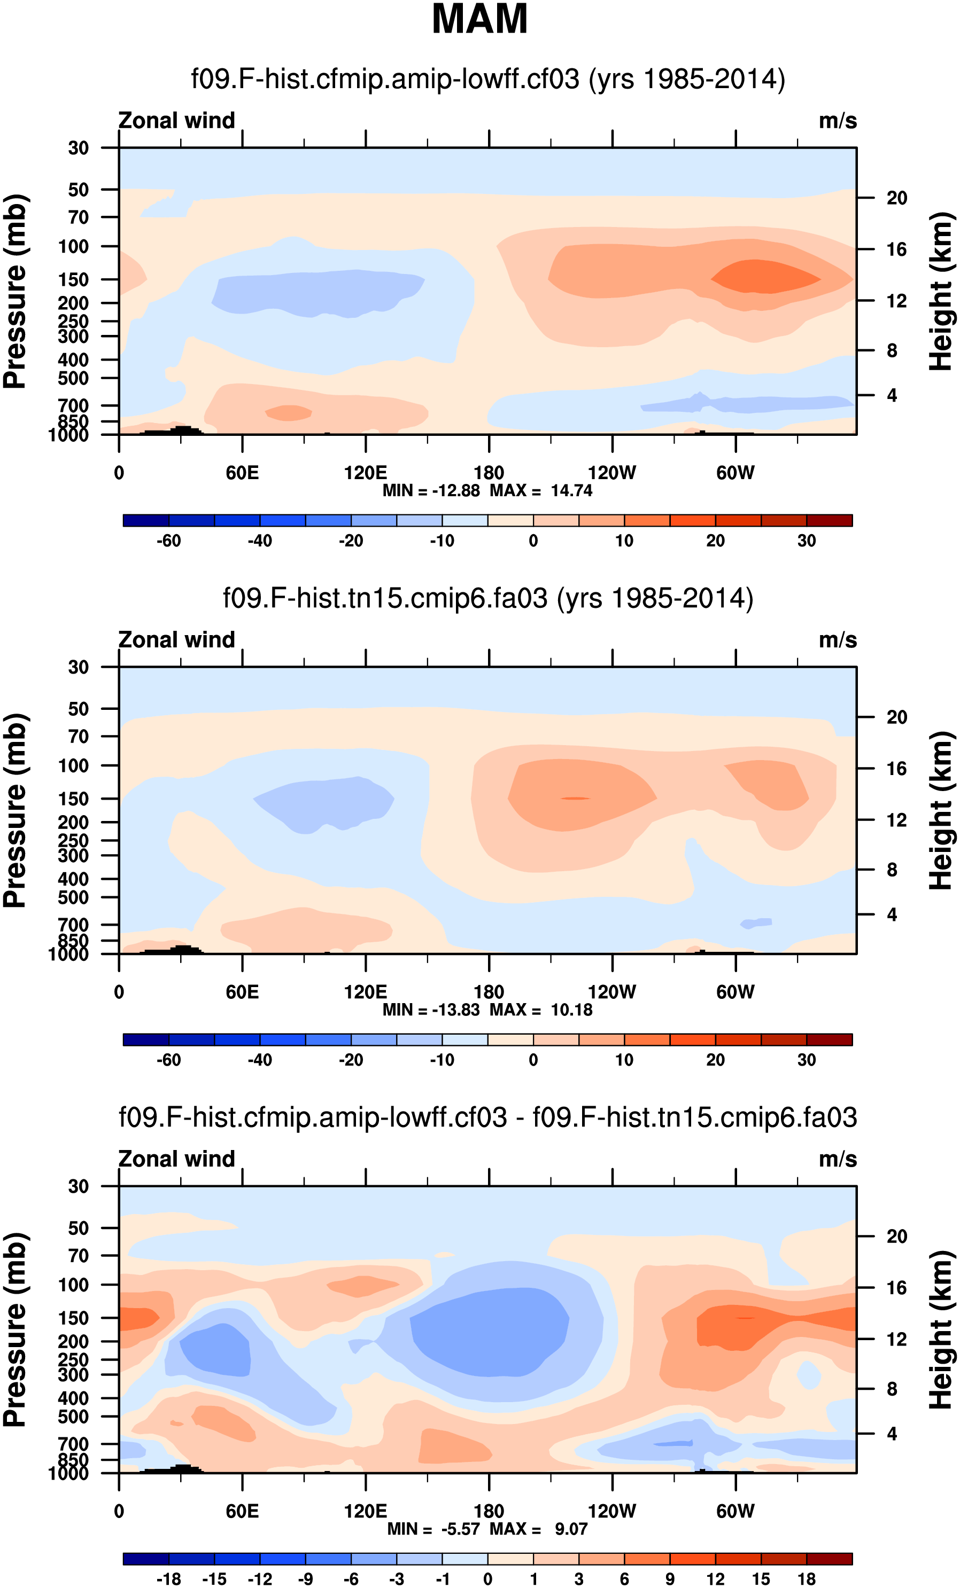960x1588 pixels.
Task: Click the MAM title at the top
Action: (x=479, y=19)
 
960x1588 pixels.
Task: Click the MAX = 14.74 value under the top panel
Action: (x=541, y=490)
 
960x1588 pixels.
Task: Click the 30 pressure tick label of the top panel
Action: (x=78, y=148)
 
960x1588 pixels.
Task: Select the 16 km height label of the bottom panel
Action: (x=896, y=1288)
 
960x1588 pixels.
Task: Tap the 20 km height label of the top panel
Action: (x=896, y=198)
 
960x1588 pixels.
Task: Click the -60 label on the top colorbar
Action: (x=169, y=541)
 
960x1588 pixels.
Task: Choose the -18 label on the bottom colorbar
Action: (x=169, y=1579)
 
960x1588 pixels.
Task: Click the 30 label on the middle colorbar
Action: (x=807, y=1060)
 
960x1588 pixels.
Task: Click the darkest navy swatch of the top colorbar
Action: (x=146, y=521)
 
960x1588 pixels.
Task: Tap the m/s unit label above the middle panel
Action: (x=838, y=640)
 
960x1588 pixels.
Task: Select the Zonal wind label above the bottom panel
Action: (x=176, y=1159)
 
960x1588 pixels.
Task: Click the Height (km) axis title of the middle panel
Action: (x=941, y=810)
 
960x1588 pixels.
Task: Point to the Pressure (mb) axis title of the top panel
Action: (x=16, y=291)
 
